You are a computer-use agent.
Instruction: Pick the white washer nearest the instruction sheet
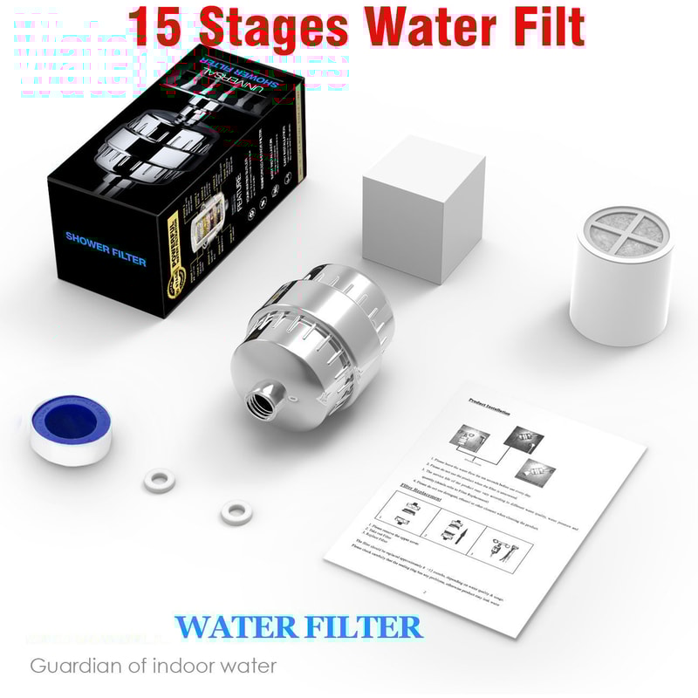pyautogui.click(x=234, y=510)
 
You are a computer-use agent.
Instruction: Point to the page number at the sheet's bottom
pyautogui.click(x=424, y=591)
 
